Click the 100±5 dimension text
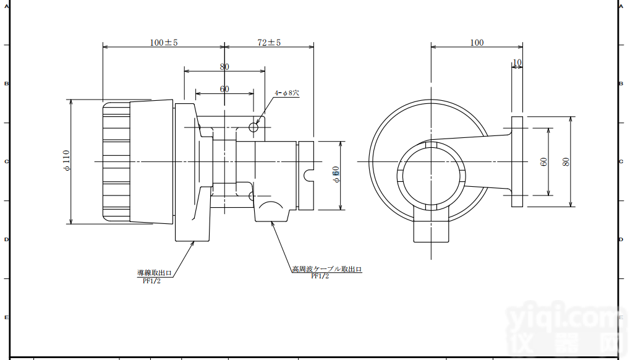(163, 43)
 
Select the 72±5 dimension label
(269, 43)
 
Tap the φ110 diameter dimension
(67, 161)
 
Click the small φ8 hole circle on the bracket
(253, 127)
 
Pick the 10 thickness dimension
(517, 62)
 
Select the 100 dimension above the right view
(477, 43)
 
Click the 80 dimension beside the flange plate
(566, 161)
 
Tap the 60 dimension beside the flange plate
(544, 161)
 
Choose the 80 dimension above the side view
(224, 66)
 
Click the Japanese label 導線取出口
(154, 273)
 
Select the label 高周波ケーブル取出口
(326, 269)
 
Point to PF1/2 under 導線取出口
(151, 281)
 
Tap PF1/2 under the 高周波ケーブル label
(320, 276)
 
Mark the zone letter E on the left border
(6, 317)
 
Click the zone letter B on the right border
(621, 84)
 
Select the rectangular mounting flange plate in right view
(517, 161)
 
